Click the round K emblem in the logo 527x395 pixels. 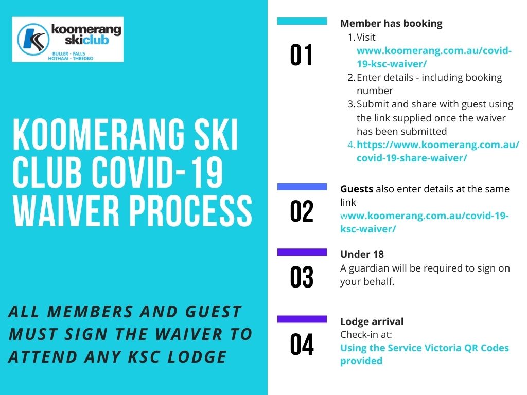pyautogui.click(x=33, y=39)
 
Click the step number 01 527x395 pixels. pyautogui.click(x=302, y=55)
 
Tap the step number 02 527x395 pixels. pyautogui.click(x=302, y=211)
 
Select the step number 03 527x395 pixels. pyautogui.click(x=302, y=277)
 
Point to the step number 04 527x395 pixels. pyautogui.click(x=302, y=344)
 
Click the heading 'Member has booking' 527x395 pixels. pyautogui.click(x=391, y=24)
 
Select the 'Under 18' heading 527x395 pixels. pyautogui.click(x=362, y=254)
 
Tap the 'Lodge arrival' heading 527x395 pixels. pyautogui.click(x=372, y=322)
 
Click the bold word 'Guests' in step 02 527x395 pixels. pyautogui.click(x=357, y=189)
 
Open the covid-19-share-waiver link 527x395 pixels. pyautogui.click(x=438, y=152)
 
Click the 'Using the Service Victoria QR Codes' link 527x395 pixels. pyautogui.click(x=425, y=348)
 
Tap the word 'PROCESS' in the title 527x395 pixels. pyautogui.click(x=191, y=211)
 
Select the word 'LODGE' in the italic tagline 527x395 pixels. pyautogui.click(x=197, y=357)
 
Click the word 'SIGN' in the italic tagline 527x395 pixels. pyautogui.click(x=86, y=334)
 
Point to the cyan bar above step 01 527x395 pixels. pyautogui.click(x=302, y=21)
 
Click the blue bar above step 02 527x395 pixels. pyautogui.click(x=302, y=187)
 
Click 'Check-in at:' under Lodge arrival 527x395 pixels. pyautogui.click(x=366, y=334)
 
